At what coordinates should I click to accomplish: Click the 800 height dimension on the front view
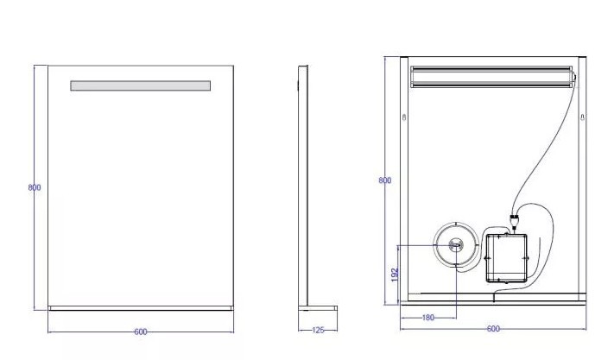pos(35,187)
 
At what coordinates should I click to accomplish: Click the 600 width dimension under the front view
pos(141,332)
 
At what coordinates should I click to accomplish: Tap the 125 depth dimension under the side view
pos(318,331)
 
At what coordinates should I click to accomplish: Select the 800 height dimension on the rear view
pos(385,180)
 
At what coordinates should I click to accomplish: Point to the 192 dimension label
pos(395,275)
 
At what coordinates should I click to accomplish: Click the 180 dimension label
pos(428,318)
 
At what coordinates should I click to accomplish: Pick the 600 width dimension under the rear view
pos(493,329)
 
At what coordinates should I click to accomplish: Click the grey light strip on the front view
pos(141,85)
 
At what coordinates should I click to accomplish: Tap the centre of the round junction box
pos(456,245)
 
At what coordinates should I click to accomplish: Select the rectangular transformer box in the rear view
pos(506,258)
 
